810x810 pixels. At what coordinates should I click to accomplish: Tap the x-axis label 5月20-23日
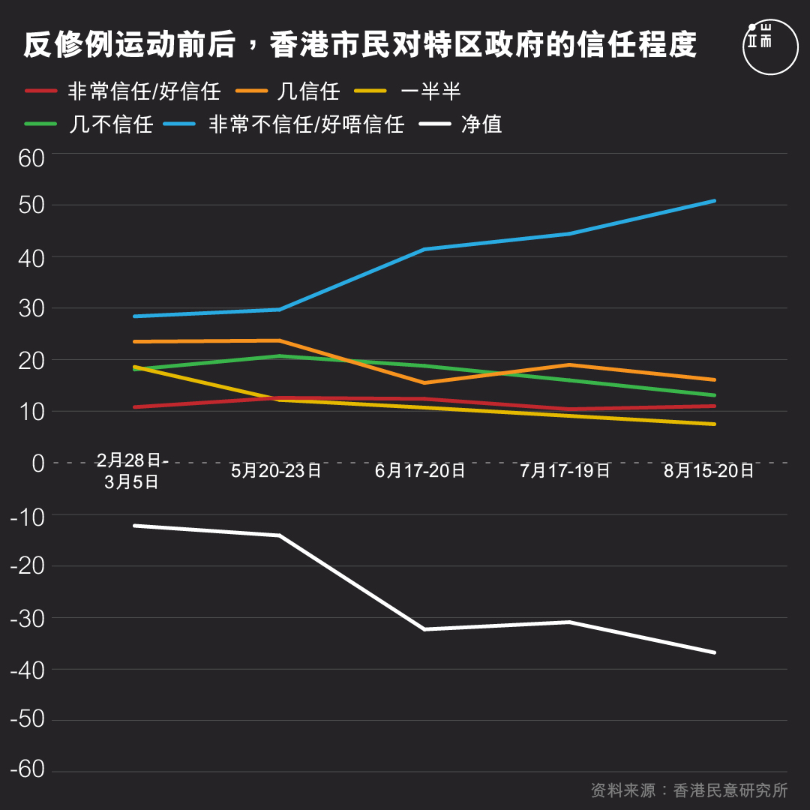click(276, 471)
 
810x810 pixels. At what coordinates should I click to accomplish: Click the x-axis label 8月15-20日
click(709, 471)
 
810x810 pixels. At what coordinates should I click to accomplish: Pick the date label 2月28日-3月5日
click(133, 471)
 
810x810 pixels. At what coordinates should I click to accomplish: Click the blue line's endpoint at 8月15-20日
click(714, 201)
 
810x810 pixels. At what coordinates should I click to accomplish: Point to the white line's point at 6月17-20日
click(424, 629)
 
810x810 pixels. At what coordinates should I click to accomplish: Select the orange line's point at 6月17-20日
click(424, 382)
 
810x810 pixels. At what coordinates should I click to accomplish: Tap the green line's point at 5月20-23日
click(279, 355)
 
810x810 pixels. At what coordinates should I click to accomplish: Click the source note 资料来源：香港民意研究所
click(688, 790)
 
